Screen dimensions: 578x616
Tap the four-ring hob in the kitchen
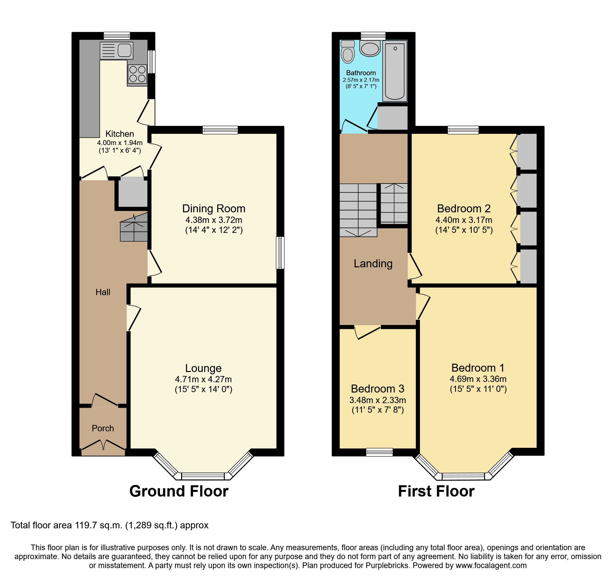pyautogui.click(x=137, y=74)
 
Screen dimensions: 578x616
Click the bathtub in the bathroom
pyautogui.click(x=395, y=71)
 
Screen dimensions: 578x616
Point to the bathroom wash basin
pyautogui.click(x=370, y=49)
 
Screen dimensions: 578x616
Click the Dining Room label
pyautogui.click(x=214, y=209)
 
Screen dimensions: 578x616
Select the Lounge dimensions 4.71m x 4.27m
pyautogui.click(x=203, y=379)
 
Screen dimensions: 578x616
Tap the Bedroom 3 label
pyautogui.click(x=378, y=389)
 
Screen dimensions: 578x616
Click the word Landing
pyautogui.click(x=373, y=264)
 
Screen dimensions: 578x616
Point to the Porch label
pyautogui.click(x=103, y=428)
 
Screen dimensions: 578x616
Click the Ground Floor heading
pyautogui.click(x=179, y=491)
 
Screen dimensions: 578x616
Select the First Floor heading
pyautogui.click(x=436, y=491)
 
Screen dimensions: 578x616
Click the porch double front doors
pyautogui.click(x=103, y=445)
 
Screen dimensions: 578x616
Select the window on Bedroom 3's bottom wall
pyautogui.click(x=379, y=452)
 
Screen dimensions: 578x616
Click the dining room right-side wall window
pyautogui.click(x=280, y=252)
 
